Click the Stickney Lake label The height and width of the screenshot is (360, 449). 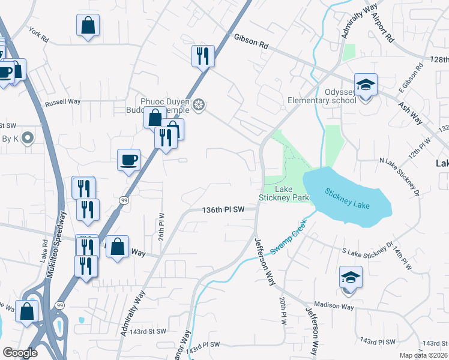348,199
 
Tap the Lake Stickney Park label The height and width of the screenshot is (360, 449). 283,193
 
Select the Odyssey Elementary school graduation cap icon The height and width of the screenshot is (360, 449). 364,85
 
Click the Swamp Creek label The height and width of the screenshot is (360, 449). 288,237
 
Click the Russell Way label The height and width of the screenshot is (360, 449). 63,102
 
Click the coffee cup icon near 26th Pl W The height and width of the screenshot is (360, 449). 128,160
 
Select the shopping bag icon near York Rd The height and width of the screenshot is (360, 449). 88,25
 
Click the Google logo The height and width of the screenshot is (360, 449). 20,353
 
